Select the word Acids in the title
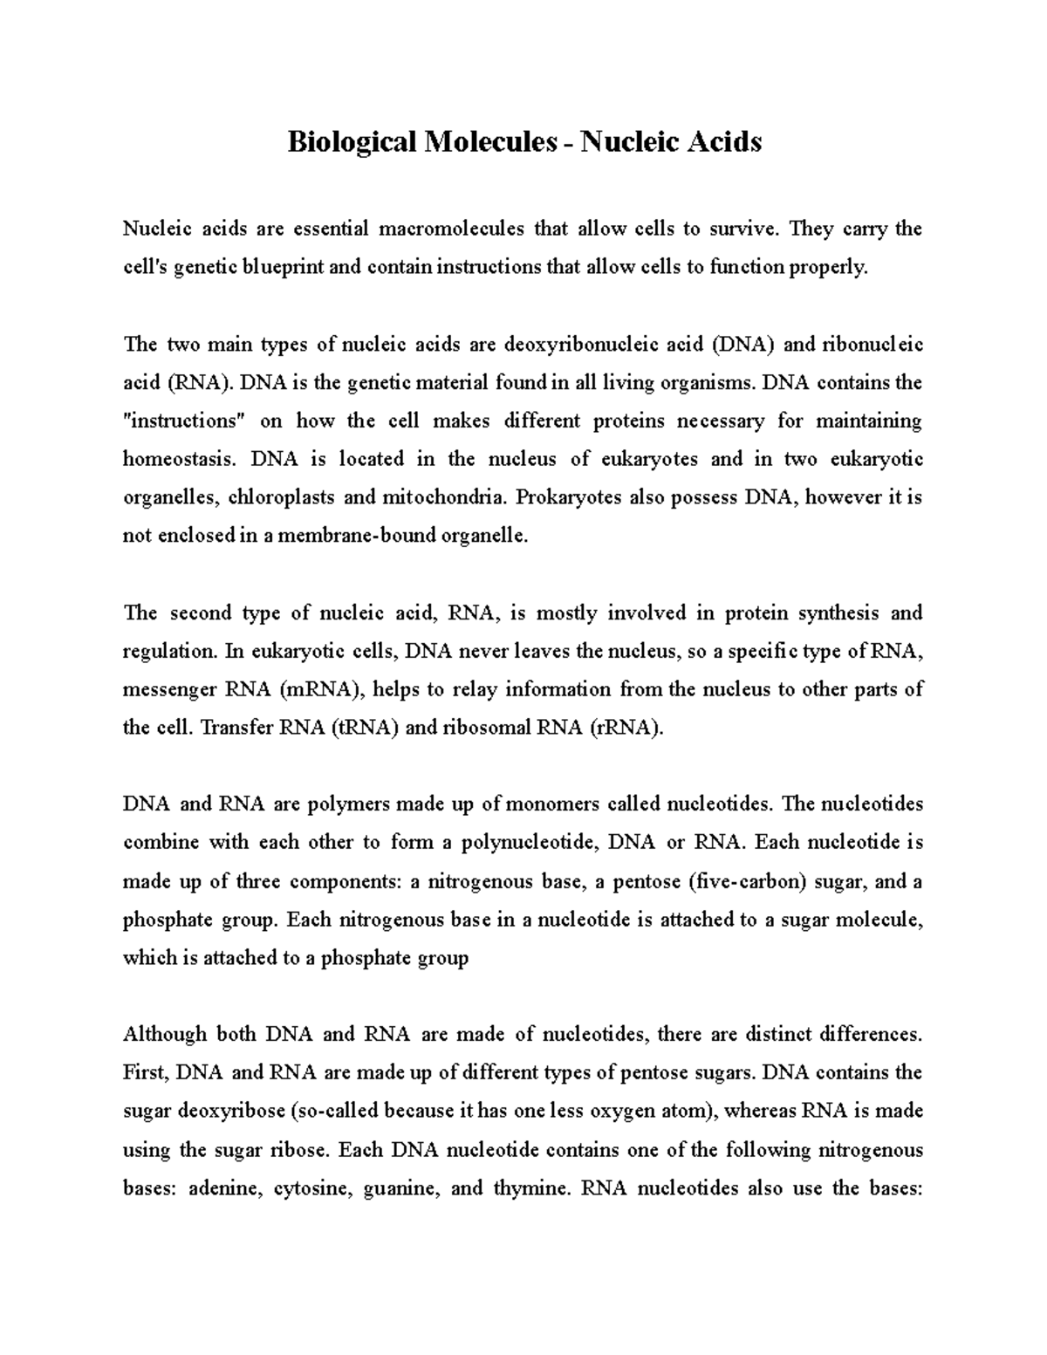720,140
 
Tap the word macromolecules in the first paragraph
451,229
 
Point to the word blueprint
284,268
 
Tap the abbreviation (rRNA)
626,728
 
